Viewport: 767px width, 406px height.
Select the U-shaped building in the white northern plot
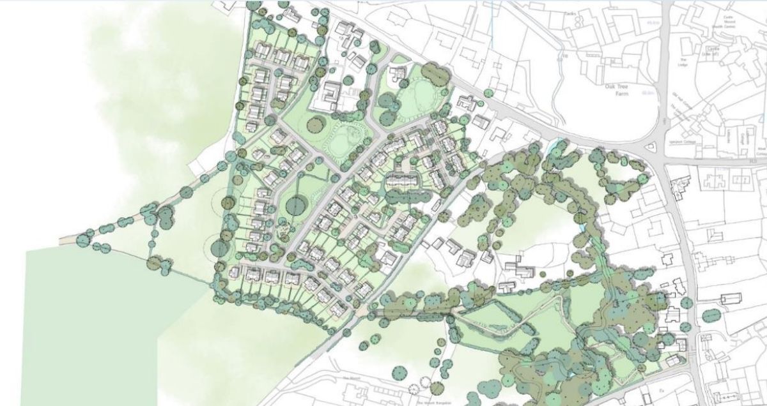tap(332, 94)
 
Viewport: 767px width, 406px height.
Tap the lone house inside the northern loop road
tap(400, 76)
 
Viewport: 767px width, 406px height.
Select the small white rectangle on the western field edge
tap(196, 163)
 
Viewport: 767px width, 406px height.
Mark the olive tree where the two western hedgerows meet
tap(155, 262)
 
